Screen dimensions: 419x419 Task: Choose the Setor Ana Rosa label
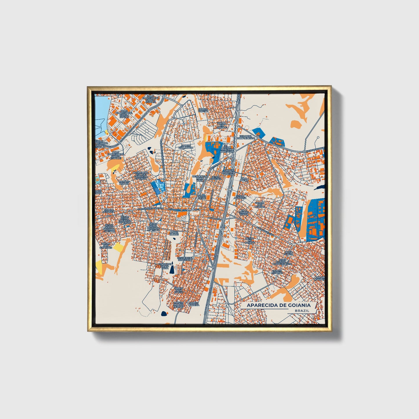point(240,197)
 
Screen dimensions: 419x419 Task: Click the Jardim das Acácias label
point(260,205)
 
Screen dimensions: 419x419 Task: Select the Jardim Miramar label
point(277,272)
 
